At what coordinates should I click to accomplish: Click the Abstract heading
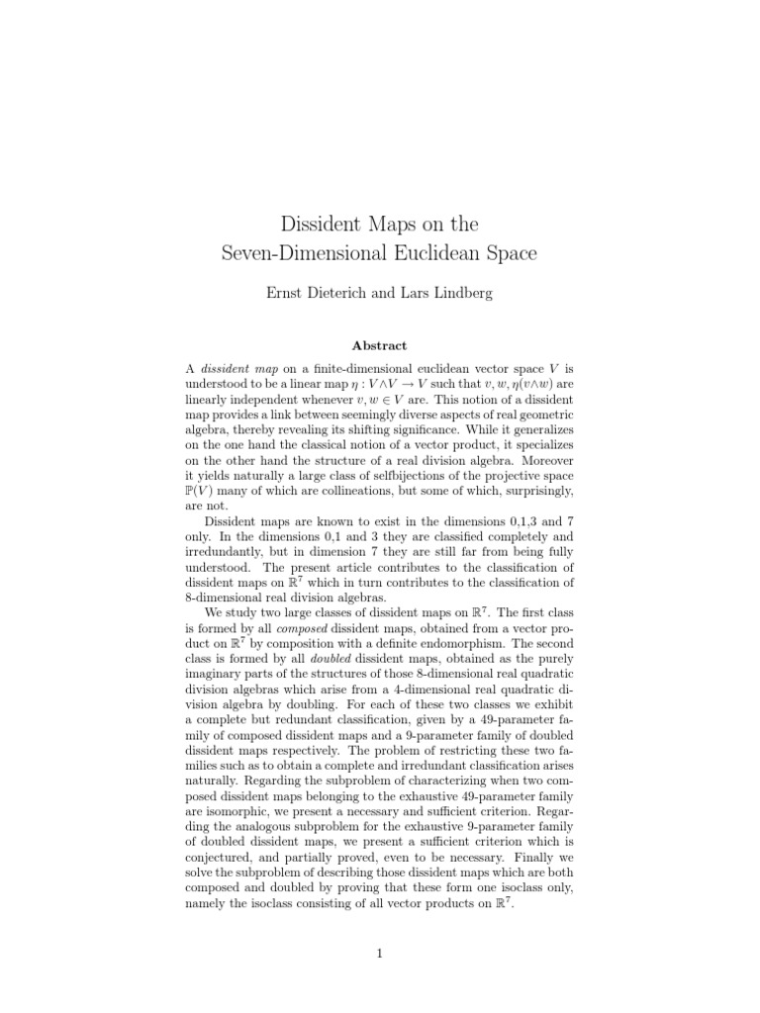(x=379, y=345)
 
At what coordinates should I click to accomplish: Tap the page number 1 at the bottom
(x=379, y=953)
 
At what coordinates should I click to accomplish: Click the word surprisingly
(x=535, y=489)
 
